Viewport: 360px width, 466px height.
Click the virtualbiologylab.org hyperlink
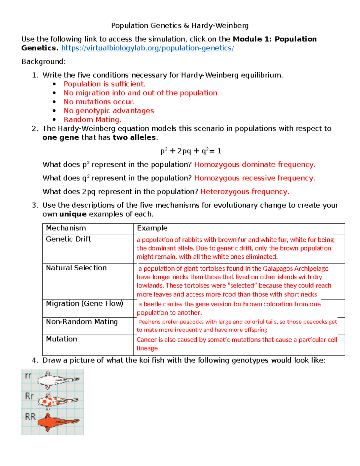(147, 48)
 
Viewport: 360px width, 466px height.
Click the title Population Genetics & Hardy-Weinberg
(180, 26)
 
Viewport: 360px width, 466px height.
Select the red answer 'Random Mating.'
(92, 120)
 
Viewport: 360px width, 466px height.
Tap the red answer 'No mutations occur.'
(99, 102)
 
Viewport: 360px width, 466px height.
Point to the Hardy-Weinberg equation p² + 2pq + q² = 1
(191, 151)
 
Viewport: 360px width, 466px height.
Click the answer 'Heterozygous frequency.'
(244, 192)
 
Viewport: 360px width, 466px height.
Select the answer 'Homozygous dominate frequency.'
(254, 165)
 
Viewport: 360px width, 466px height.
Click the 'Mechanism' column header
(66, 228)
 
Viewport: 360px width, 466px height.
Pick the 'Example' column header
(152, 228)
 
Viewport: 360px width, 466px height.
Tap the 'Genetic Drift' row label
(68, 239)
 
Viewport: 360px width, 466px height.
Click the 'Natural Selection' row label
(76, 268)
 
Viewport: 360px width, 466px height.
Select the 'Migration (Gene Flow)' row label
(85, 304)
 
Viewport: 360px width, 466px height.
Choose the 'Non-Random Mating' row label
(82, 322)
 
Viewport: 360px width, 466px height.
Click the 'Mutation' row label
(61, 339)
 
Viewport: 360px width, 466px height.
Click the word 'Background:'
(43, 62)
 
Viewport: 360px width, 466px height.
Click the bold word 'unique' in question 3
(73, 214)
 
